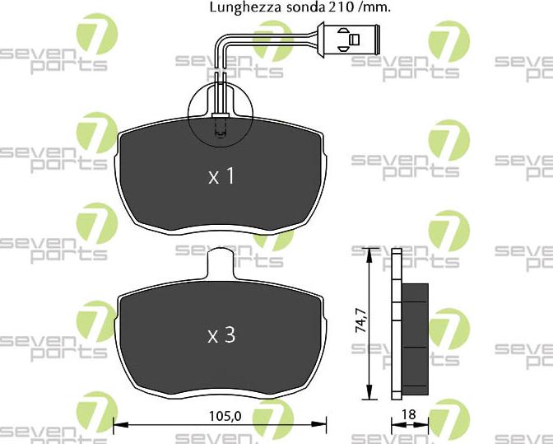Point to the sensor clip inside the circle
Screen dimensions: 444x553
tap(220, 128)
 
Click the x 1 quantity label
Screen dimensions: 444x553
tap(221, 176)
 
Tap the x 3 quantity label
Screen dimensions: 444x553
tap(221, 335)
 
